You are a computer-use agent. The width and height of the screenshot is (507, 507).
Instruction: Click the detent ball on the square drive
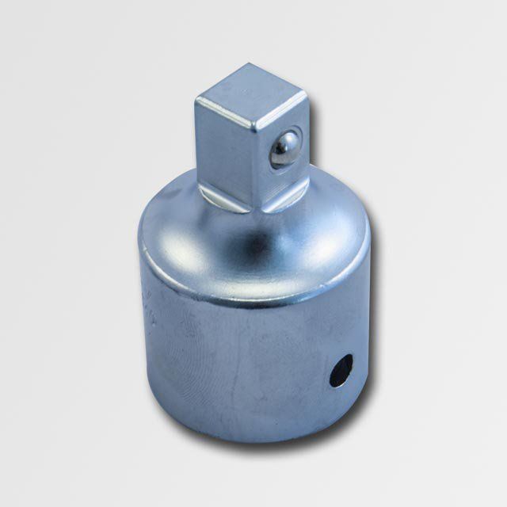click(284, 149)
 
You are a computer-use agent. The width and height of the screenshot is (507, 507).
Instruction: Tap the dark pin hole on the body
click(341, 370)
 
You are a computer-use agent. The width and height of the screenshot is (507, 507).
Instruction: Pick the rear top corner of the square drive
click(241, 67)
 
